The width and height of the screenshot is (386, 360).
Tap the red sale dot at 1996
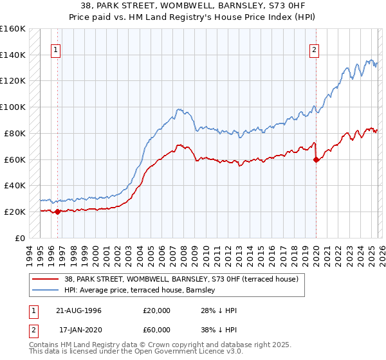(x=57, y=212)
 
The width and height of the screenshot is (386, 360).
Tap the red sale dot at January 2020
(x=316, y=159)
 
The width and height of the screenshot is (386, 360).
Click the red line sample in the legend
(x=46, y=280)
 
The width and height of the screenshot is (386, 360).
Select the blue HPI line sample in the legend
(x=46, y=291)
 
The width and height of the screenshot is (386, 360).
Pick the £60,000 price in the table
(x=157, y=330)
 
